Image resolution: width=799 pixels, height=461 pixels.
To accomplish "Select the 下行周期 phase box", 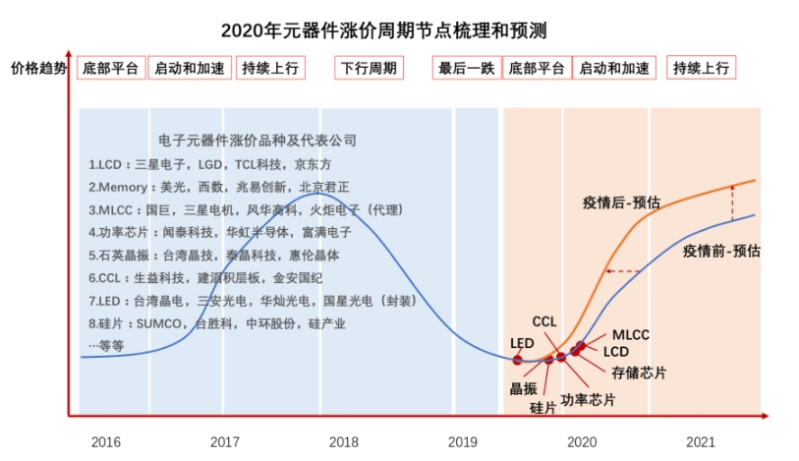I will [369, 68].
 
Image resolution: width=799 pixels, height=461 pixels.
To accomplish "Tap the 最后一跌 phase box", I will [466, 68].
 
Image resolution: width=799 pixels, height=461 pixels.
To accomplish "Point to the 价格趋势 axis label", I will [39, 68].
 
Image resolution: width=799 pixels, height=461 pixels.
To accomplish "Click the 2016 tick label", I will [105, 441].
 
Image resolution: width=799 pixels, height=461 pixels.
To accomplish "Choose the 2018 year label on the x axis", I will [343, 441].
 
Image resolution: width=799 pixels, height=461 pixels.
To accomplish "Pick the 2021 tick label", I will [700, 441].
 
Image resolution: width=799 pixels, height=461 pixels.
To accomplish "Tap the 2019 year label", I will [463, 441].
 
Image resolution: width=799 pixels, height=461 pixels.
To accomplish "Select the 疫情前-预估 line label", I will [720, 251].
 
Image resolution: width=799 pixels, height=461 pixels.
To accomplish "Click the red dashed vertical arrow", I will [730, 202].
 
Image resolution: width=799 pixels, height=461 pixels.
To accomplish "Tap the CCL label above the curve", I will [544, 321].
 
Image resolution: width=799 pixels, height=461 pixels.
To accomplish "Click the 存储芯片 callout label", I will [638, 373].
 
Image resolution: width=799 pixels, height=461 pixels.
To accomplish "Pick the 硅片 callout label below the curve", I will [542, 407].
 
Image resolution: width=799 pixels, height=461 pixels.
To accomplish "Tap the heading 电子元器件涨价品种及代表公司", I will [257, 141].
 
